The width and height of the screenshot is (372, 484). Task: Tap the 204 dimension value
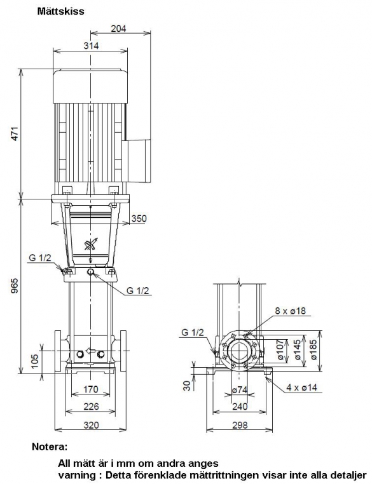tap(118, 29)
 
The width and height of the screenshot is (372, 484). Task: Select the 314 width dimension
tap(91, 46)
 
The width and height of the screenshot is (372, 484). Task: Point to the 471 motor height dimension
tap(15, 133)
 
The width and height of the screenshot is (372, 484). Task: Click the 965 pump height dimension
tap(15, 286)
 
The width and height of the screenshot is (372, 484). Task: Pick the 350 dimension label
tap(139, 218)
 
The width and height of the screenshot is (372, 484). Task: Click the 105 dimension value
tap(34, 361)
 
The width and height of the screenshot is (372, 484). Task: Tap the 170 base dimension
tap(90, 389)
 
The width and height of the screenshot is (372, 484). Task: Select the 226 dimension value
tap(91, 407)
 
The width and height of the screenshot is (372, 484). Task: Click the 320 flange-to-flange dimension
tap(92, 425)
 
